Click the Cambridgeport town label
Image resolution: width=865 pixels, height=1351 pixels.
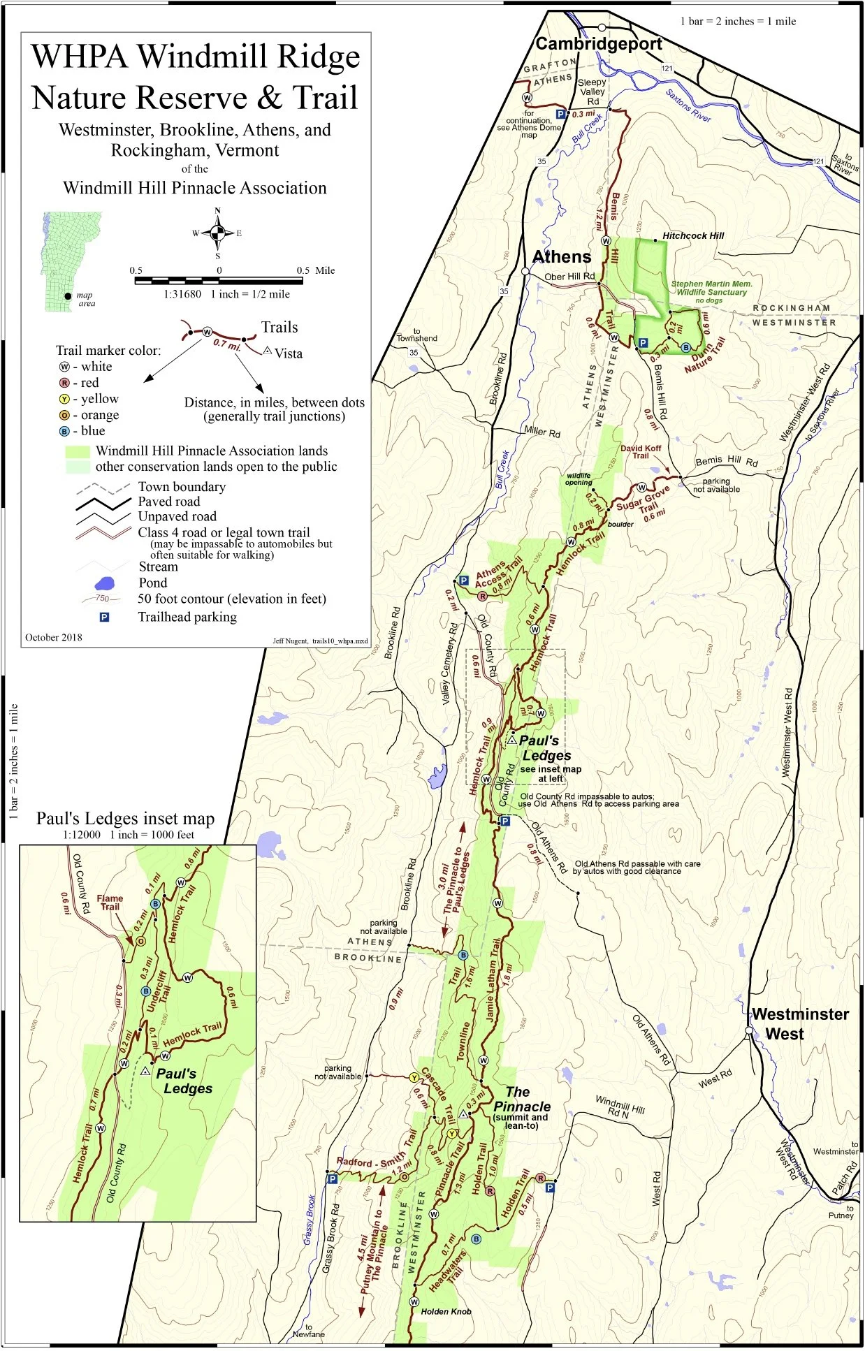[x=599, y=44]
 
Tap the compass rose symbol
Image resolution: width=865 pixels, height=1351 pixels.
[x=217, y=233]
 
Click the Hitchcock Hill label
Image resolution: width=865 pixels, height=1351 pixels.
[x=693, y=236]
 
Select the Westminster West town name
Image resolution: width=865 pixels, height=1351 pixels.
[x=799, y=1024]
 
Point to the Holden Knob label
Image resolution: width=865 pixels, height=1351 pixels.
[x=446, y=1311]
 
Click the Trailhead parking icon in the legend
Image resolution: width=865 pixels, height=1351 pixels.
[x=104, y=618]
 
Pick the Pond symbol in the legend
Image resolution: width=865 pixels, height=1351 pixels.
[x=104, y=583]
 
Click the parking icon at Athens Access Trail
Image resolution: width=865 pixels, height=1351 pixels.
[x=463, y=580]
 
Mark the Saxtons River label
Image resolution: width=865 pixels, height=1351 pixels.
[x=688, y=105]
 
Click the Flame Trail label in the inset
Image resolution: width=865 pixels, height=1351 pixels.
[x=110, y=903]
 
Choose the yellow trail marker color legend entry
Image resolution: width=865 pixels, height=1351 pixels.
[x=89, y=399]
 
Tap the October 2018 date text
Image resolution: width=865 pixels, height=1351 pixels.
[x=54, y=637]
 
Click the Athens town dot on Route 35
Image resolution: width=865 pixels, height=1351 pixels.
[x=525, y=271]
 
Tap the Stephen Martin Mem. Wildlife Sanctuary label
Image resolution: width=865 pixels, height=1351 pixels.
[x=711, y=289]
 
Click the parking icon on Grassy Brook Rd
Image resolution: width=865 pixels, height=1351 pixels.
[x=333, y=1178]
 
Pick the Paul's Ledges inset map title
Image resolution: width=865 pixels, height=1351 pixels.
[x=125, y=819]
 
